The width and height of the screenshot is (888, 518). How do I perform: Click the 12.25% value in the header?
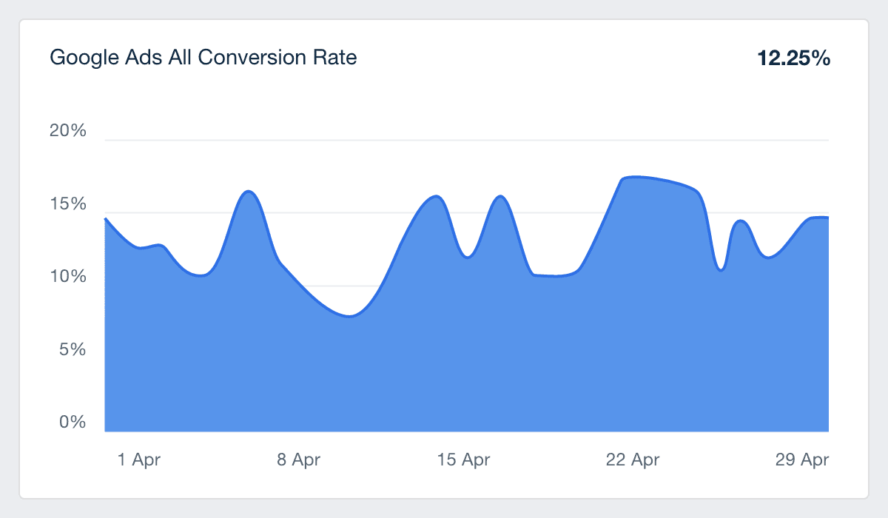pyautogui.click(x=793, y=58)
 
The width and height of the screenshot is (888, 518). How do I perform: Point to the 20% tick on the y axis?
pyautogui.click(x=68, y=131)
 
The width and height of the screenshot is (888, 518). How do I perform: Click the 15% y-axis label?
pyautogui.click(x=68, y=204)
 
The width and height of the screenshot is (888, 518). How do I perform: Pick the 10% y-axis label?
pyautogui.click(x=68, y=277)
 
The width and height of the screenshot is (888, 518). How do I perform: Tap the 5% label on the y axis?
pyautogui.click(x=73, y=349)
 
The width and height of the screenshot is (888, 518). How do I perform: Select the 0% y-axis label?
pyautogui.click(x=73, y=423)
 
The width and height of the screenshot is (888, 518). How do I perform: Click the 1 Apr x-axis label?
pyautogui.click(x=138, y=460)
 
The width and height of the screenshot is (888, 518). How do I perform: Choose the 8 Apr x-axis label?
pyautogui.click(x=298, y=460)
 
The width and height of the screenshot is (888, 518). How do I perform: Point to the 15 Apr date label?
pyautogui.click(x=463, y=460)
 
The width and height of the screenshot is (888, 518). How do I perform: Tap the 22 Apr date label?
pyautogui.click(x=632, y=460)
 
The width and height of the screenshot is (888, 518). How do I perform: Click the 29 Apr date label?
pyautogui.click(x=802, y=460)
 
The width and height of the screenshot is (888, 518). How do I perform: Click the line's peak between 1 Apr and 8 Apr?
pyautogui.click(x=249, y=191)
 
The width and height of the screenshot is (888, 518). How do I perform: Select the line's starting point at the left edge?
pyautogui.click(x=106, y=219)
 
